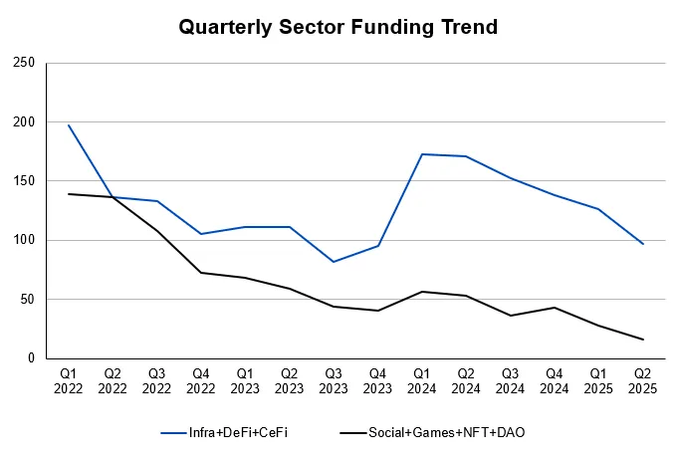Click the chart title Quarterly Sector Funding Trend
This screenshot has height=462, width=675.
click(x=337, y=27)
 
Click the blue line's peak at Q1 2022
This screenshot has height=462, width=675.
click(x=69, y=125)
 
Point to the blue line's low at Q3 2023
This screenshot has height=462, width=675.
click(x=335, y=262)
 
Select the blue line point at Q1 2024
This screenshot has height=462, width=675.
click(x=422, y=154)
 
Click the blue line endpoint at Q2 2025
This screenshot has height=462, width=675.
click(x=643, y=244)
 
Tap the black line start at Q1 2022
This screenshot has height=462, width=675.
click(x=69, y=194)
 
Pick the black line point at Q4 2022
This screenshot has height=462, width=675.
click(x=201, y=273)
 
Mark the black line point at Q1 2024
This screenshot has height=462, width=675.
click(x=422, y=292)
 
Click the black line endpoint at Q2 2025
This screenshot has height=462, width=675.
click(x=643, y=340)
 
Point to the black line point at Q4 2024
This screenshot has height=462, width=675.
click(x=555, y=308)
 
